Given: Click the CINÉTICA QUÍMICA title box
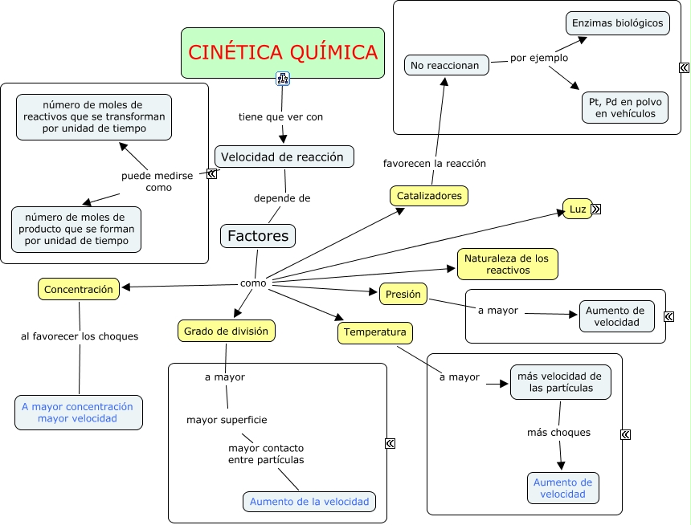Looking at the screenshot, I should click(283, 53).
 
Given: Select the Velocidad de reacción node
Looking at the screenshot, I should click(284, 157).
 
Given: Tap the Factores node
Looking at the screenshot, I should click(258, 236).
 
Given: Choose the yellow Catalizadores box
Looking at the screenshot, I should click(429, 195).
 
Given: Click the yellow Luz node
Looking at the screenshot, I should click(577, 209).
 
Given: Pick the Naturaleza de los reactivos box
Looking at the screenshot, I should click(508, 264).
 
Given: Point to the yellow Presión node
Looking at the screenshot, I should click(403, 294).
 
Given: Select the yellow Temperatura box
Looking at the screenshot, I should click(375, 332).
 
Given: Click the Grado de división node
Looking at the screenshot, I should click(227, 331).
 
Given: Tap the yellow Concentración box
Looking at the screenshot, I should click(79, 289).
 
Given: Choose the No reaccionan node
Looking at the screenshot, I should click(447, 65).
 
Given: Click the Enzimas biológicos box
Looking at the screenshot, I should click(617, 22).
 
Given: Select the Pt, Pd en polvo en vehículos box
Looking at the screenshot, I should click(625, 108).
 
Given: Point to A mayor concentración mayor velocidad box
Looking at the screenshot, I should click(79, 413).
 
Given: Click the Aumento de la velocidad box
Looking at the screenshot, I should click(309, 502).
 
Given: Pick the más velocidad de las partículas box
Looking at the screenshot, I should click(560, 382).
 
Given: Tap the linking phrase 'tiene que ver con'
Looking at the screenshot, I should click(281, 117).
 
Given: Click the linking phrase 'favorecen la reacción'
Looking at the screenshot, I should click(435, 163).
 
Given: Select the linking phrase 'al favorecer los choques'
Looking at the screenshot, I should click(80, 336).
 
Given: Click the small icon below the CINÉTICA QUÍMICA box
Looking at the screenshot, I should click(283, 78).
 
